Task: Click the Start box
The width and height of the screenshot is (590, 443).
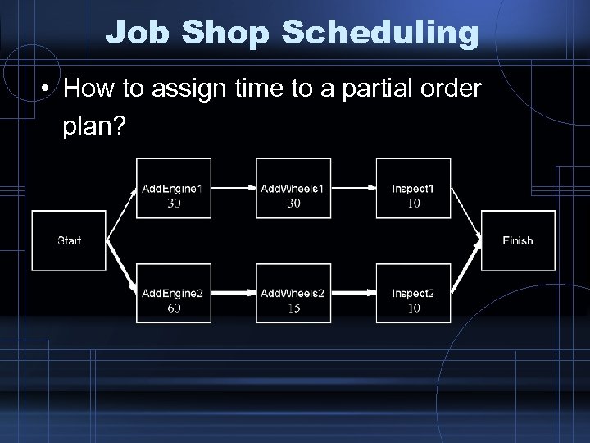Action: [69, 240]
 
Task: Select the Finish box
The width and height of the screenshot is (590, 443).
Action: [517, 240]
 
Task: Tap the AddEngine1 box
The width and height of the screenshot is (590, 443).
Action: [174, 189]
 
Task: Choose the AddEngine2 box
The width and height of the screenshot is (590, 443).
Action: [174, 293]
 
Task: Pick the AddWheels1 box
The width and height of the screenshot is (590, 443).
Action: [293, 189]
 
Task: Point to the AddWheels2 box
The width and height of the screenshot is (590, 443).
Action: [293, 293]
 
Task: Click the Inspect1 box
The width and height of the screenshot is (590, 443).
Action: [413, 189]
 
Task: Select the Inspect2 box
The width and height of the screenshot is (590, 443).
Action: [413, 293]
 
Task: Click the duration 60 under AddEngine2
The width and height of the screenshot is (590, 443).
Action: [174, 308]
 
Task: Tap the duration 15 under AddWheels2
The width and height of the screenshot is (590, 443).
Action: [293, 308]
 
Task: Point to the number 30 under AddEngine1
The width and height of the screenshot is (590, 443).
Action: [174, 203]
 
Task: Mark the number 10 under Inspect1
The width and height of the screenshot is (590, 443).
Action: [413, 203]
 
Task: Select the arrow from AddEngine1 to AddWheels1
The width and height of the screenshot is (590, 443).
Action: [233, 189]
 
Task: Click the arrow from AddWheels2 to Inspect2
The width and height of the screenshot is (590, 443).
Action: [352, 293]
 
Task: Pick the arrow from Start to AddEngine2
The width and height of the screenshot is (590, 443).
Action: [121, 267]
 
